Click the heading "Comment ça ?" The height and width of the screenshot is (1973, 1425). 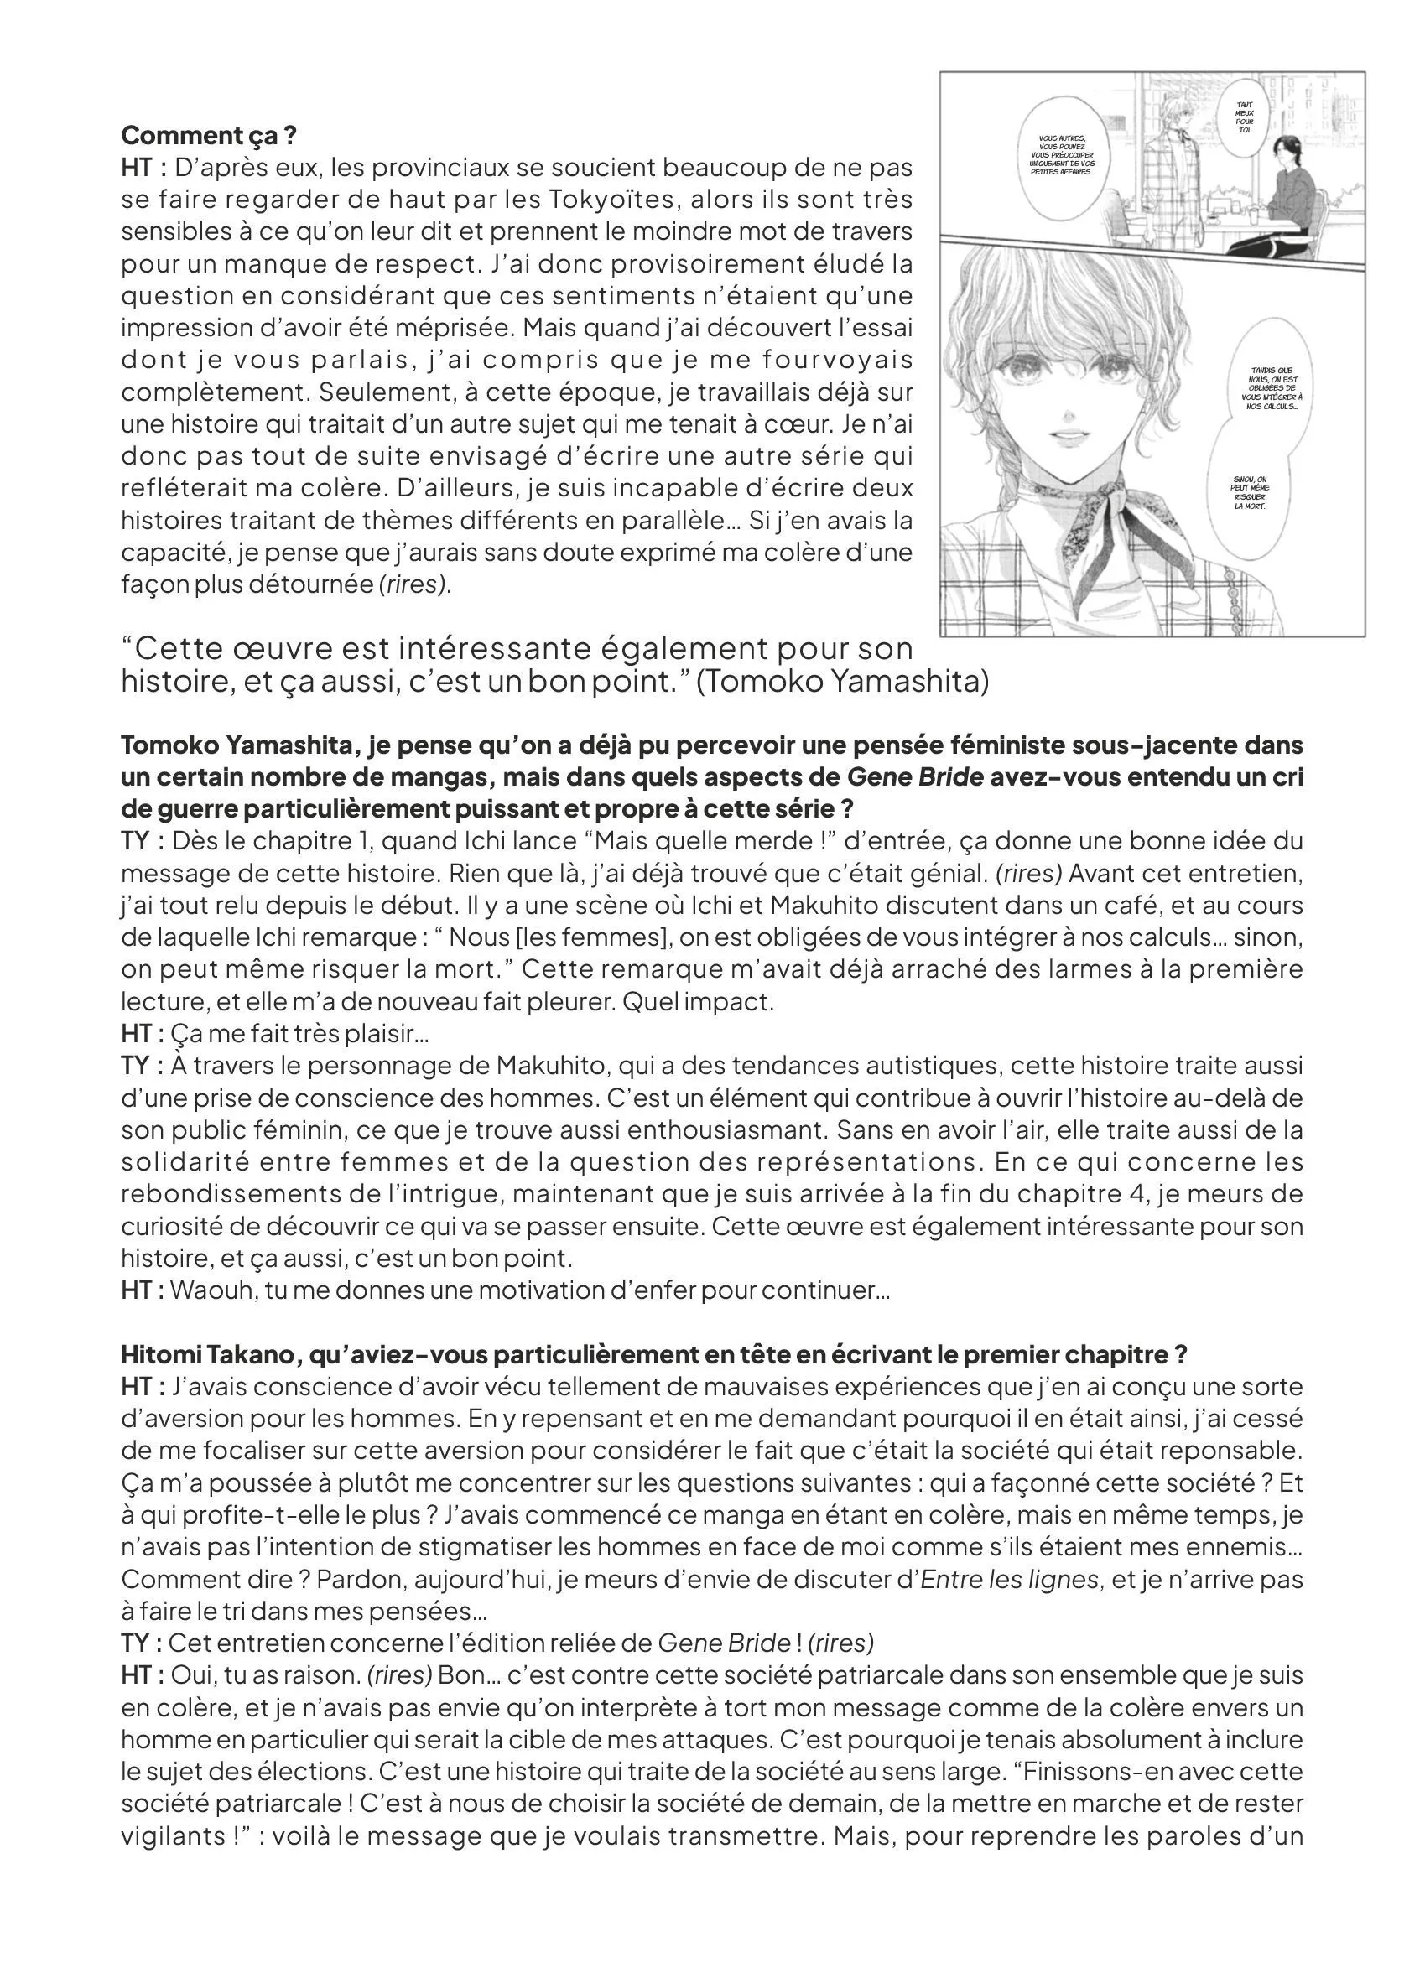[x=209, y=136]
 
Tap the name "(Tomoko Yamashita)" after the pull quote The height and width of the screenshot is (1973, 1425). [x=843, y=681]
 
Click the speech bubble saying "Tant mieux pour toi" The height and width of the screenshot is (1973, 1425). [x=1245, y=117]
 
